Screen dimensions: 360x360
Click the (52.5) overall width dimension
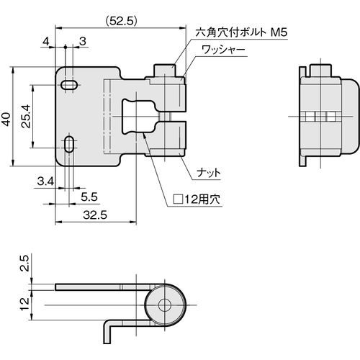(121, 21)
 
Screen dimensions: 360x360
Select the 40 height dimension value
(6, 119)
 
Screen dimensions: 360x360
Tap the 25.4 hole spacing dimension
(26, 116)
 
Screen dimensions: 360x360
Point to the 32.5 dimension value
(95, 215)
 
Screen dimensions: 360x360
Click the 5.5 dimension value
(89, 197)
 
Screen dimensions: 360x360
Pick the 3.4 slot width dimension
(45, 181)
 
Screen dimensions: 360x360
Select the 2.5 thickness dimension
(24, 263)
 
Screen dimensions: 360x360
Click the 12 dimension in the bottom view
(24, 304)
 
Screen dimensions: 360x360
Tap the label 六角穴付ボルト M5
(241, 32)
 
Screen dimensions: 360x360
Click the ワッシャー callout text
(223, 50)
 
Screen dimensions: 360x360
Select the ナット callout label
(209, 173)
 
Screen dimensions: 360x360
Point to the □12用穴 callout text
(197, 199)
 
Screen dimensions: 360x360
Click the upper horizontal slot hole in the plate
(69, 85)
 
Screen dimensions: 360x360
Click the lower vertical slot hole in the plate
(69, 144)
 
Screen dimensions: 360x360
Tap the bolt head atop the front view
(165, 71)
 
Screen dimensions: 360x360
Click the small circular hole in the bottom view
(165, 305)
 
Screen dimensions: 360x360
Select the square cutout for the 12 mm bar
(139, 117)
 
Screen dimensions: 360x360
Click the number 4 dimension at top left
(45, 42)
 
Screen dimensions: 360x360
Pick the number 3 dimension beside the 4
(82, 42)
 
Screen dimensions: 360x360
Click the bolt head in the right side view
(320, 71)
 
